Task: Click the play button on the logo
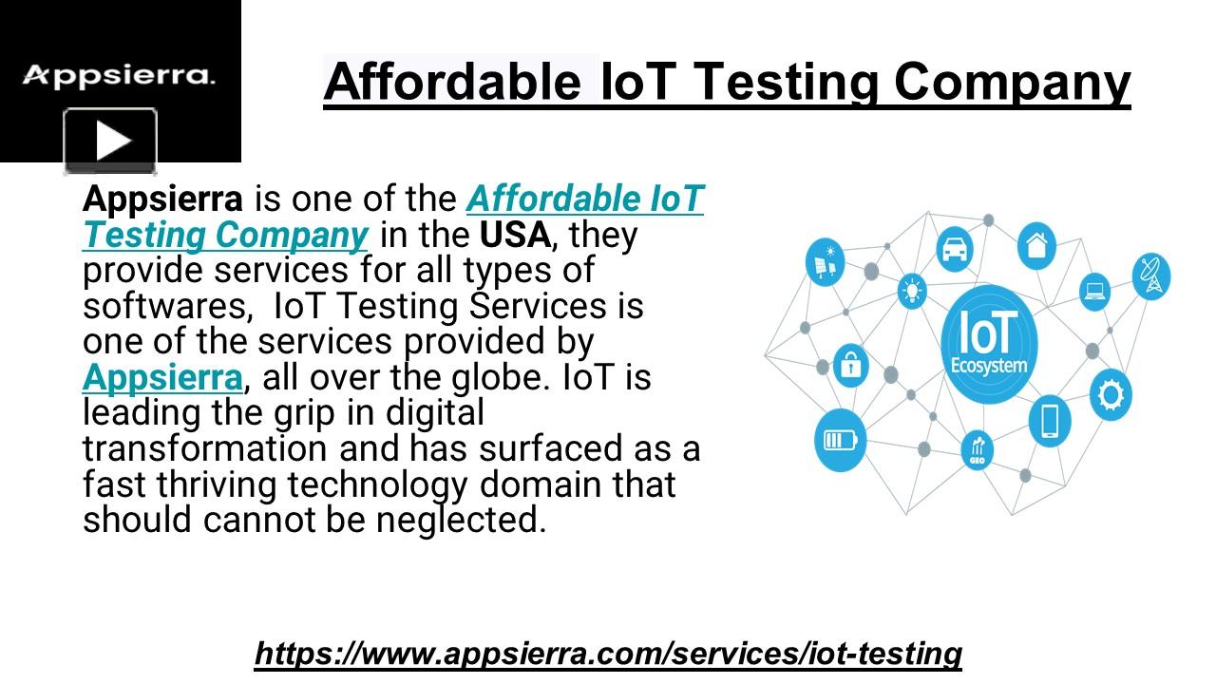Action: coord(110,142)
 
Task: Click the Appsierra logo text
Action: coord(119,75)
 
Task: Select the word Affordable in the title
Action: coord(452,82)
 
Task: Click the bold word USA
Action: coord(515,235)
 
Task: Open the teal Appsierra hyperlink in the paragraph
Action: coord(162,377)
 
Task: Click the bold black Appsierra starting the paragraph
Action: coord(162,199)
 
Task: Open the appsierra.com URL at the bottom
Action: coord(608,654)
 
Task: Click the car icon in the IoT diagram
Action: coord(954,248)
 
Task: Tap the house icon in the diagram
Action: coord(1036,244)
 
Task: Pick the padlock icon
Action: coord(850,364)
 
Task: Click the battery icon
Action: coord(840,440)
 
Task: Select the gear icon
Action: coord(1109,394)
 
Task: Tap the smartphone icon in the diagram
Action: coord(1050,420)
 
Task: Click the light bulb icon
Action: coord(912,290)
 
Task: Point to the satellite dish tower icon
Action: coord(1151,276)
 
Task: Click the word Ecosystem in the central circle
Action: coord(989,366)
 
